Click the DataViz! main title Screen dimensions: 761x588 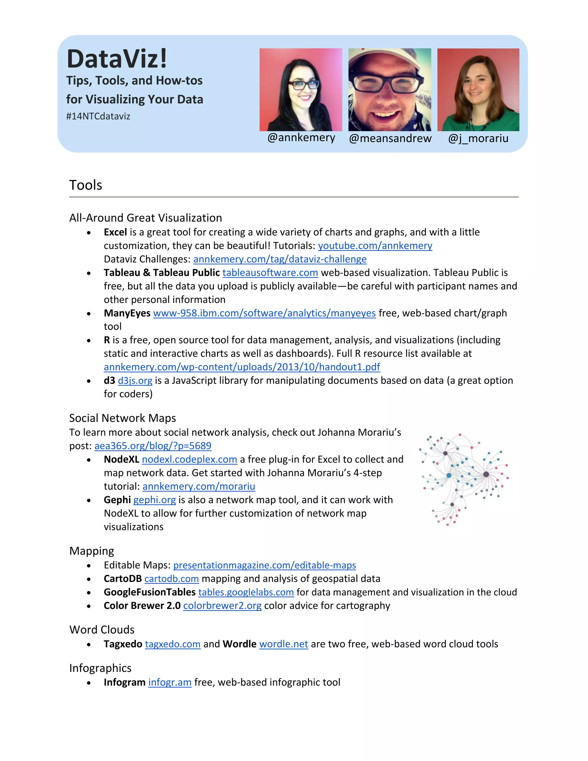pyautogui.click(x=117, y=59)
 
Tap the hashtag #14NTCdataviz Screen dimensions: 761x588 pyautogui.click(x=98, y=116)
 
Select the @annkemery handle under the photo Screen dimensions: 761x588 pyautogui.click(x=301, y=138)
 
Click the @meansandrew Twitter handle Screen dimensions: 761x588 pyautogui.click(x=390, y=138)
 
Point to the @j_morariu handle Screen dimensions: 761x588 pyautogui.click(x=478, y=138)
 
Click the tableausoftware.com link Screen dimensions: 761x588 pyautogui.click(x=270, y=273)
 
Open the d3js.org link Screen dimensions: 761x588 pyautogui.click(x=135, y=380)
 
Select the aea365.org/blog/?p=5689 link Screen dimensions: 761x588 pyautogui.click(x=153, y=446)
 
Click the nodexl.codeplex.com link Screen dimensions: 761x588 pyautogui.click(x=189, y=459)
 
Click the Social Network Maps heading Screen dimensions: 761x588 pyautogui.click(x=122, y=418)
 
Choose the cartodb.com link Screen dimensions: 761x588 pyautogui.click(x=171, y=579)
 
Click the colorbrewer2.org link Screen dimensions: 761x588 pyautogui.click(x=222, y=606)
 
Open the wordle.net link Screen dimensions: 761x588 pyautogui.click(x=284, y=644)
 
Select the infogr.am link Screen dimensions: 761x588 pyautogui.click(x=170, y=682)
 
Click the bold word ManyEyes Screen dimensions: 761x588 pyautogui.click(x=127, y=313)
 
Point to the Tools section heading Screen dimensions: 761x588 pyautogui.click(x=86, y=185)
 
